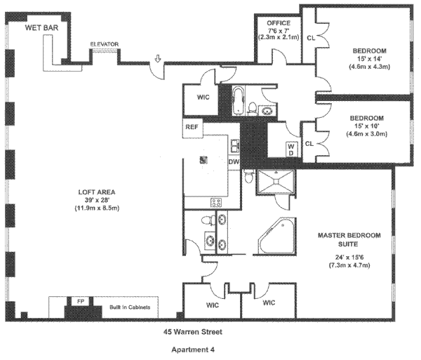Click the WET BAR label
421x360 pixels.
pyautogui.click(x=41, y=27)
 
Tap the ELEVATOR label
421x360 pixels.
pyautogui.click(x=105, y=44)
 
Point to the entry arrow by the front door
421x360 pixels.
pyautogui.click(x=158, y=60)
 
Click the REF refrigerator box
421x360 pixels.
pyautogui.click(x=192, y=128)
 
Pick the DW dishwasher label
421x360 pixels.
pyautogui.click(x=234, y=162)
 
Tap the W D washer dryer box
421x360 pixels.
pyautogui.click(x=290, y=148)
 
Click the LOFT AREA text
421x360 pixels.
pyautogui.click(x=97, y=192)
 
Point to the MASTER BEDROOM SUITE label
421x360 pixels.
pyautogui.click(x=338, y=240)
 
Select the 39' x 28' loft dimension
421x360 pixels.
pyautogui.click(x=97, y=200)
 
